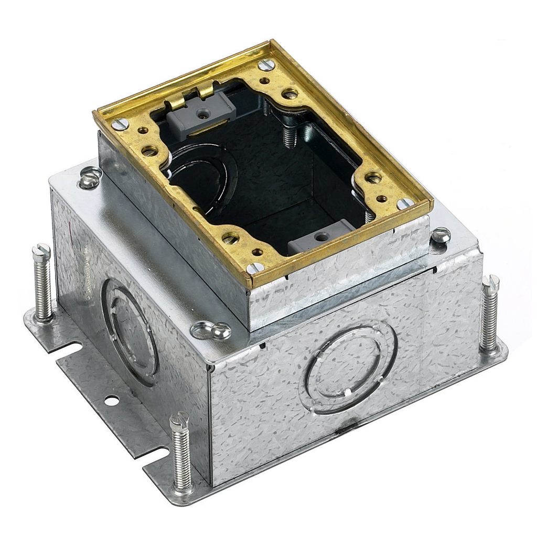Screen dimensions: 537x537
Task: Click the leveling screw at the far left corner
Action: (x=42, y=283)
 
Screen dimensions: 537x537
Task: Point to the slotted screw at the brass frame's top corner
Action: (x=266, y=65)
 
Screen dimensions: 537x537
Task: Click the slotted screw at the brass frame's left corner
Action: (x=120, y=124)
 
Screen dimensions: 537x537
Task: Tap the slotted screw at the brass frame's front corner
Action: (x=255, y=268)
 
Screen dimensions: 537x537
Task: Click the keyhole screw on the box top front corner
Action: (x=212, y=330)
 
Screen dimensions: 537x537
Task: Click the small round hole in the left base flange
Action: (x=111, y=401)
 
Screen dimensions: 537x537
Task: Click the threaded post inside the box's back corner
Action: (x=288, y=133)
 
